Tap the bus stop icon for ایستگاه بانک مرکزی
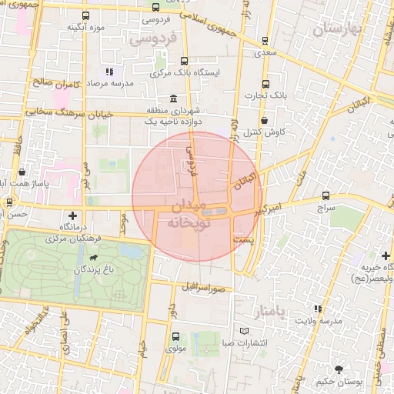pos(183,60)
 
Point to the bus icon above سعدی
pos(265,42)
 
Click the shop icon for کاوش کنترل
pos(265,120)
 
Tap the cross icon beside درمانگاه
pos(73,215)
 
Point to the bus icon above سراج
pos(326,196)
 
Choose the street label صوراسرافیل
pos(204,288)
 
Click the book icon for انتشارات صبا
pos(245,331)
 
